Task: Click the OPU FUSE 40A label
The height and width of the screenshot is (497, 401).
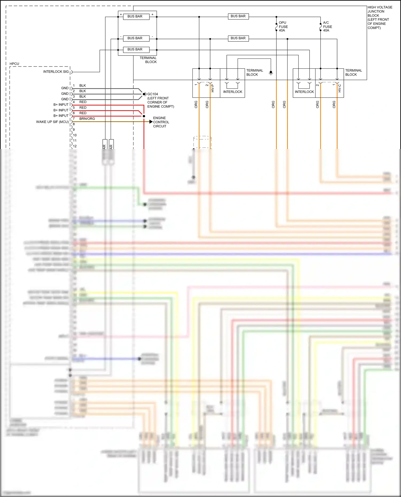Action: click(x=283, y=26)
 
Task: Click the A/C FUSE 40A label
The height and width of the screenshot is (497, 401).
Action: click(x=327, y=26)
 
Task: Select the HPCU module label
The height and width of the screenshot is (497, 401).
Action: click(x=14, y=64)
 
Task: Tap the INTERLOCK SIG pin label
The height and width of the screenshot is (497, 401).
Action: click(x=56, y=72)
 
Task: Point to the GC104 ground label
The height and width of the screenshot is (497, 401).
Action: click(x=153, y=94)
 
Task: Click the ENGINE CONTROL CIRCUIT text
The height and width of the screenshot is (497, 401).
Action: click(x=161, y=122)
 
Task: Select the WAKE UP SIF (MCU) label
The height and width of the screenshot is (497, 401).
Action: click(x=52, y=122)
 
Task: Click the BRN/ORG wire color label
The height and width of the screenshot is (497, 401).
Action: click(x=87, y=119)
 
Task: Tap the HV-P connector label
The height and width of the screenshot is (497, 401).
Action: click(x=213, y=88)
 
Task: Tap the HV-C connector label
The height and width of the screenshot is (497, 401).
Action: click(x=340, y=88)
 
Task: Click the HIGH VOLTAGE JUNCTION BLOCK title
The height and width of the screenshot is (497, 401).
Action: click(x=380, y=17)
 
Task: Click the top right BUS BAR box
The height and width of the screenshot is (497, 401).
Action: click(x=238, y=16)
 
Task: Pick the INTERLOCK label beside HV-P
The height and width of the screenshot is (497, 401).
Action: click(x=233, y=92)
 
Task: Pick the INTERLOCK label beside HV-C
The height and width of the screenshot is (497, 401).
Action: click(x=304, y=92)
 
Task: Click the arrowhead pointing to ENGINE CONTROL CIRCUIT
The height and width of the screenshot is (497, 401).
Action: click(x=151, y=122)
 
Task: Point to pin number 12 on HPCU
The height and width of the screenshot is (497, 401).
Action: click(x=75, y=146)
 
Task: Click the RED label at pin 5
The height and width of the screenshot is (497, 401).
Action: click(x=83, y=107)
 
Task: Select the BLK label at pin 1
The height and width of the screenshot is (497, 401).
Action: click(x=83, y=85)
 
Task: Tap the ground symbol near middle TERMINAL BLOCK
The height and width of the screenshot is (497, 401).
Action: click(x=271, y=73)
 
